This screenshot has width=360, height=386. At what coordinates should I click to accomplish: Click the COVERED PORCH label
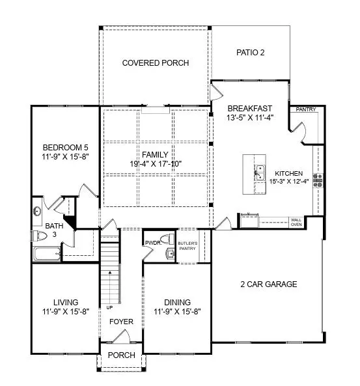coord(156,63)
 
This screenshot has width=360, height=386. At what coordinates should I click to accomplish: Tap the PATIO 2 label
coord(250,52)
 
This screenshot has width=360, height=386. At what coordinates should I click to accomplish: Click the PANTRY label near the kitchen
coord(305,109)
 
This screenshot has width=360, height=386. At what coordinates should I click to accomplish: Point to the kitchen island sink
coord(259,171)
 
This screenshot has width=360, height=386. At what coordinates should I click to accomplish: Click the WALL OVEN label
coord(296,223)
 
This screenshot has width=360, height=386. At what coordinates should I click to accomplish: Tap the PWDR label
coord(153,242)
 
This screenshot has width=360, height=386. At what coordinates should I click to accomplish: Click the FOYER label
coord(120,322)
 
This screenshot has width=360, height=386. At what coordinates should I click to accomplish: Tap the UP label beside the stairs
coord(102,307)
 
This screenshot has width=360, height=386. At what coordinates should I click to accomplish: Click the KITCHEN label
coord(288,173)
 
